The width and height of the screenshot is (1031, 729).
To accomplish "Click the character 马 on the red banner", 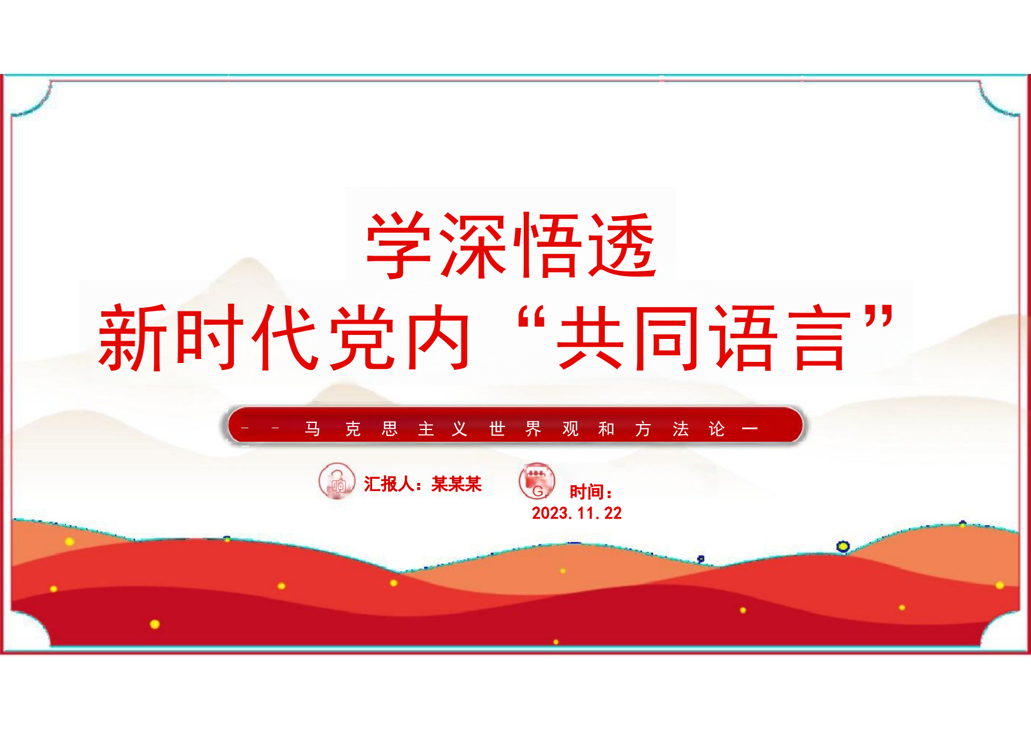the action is coord(312,429).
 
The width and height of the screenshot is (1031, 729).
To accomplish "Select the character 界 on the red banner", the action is coord(533,429).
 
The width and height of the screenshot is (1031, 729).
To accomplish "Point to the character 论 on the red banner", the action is coord(717,429).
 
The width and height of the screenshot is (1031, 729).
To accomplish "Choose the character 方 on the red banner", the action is coord(643,429).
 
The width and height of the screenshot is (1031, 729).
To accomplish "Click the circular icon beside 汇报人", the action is coord(337,481).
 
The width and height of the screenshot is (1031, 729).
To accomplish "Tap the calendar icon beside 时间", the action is coord(537,481).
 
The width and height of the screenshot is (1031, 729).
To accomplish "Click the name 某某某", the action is coord(457,484).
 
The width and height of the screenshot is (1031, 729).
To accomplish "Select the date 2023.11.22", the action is coord(577,513).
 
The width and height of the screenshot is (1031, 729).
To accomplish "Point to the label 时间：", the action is coord(591,492).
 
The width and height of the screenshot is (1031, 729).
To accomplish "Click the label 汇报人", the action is coord(389,484).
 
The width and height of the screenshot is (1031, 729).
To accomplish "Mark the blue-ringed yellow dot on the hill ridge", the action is coord(843,547).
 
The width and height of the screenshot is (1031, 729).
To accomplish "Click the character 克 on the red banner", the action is coord(353,429).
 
